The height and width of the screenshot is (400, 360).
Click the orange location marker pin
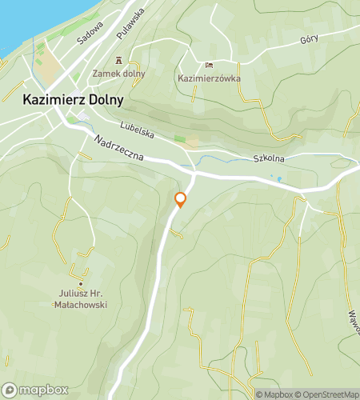(x=180, y=199)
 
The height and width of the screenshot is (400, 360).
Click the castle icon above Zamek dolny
(x=119, y=60)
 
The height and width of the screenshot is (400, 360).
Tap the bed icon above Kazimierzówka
(x=210, y=66)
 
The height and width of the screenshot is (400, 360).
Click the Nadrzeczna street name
(x=118, y=147)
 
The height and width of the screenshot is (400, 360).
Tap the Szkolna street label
(x=268, y=159)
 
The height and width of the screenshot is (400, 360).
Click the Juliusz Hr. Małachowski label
(x=82, y=299)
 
